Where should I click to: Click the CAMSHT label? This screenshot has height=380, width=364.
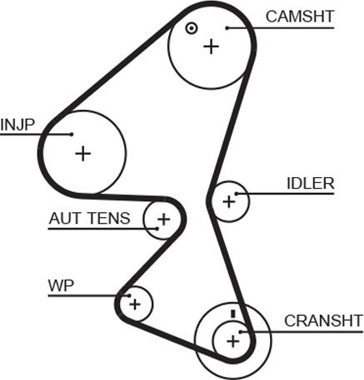point(300,17)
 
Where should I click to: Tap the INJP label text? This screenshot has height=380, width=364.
point(17,125)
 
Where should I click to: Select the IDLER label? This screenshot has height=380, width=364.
point(311,184)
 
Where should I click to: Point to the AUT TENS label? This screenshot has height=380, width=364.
point(89,219)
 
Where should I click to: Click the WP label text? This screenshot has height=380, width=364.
point(61,285)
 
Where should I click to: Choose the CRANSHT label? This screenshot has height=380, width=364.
point(323,321)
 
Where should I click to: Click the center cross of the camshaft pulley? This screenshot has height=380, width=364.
point(212,47)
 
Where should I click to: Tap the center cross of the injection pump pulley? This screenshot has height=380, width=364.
point(83,153)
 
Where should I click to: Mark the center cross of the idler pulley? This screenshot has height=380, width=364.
point(229,201)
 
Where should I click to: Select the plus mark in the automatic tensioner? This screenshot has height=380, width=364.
point(163,220)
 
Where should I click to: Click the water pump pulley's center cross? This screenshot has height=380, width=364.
point(135,304)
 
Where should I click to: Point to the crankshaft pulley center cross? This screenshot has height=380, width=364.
point(233,341)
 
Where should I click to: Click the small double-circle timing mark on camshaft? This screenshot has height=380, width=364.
point(192,28)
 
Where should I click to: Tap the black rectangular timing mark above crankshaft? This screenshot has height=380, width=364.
point(233,313)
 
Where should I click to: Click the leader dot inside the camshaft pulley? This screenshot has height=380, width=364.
point(227,28)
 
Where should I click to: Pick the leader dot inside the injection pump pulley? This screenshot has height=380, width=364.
point(72,135)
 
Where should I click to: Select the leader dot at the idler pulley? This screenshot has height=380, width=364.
point(237,194)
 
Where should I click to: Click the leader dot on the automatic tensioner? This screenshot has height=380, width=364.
point(157,229)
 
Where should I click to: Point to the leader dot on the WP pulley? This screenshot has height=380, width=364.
point(129,296)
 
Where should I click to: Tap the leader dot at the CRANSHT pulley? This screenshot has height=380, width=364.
point(241,332)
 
